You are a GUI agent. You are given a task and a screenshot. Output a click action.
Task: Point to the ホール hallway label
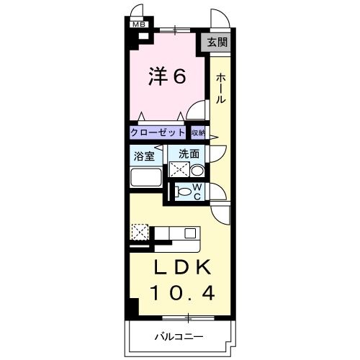(220, 88)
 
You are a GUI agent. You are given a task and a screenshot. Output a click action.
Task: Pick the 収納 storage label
(198, 132)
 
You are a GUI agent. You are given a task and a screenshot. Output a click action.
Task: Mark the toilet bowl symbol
(185, 192)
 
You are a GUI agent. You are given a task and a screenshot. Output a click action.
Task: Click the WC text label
(197, 192)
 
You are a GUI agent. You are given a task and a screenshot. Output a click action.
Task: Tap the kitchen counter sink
(190, 233)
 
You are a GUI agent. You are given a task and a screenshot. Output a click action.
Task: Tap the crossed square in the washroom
(178, 169)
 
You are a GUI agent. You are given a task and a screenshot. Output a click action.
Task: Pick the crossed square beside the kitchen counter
(139, 233)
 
